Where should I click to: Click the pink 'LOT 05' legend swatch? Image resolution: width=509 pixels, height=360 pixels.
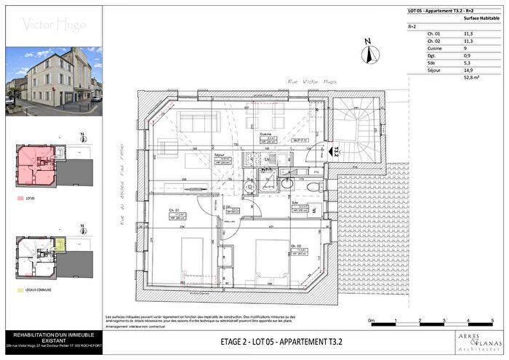19,196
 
